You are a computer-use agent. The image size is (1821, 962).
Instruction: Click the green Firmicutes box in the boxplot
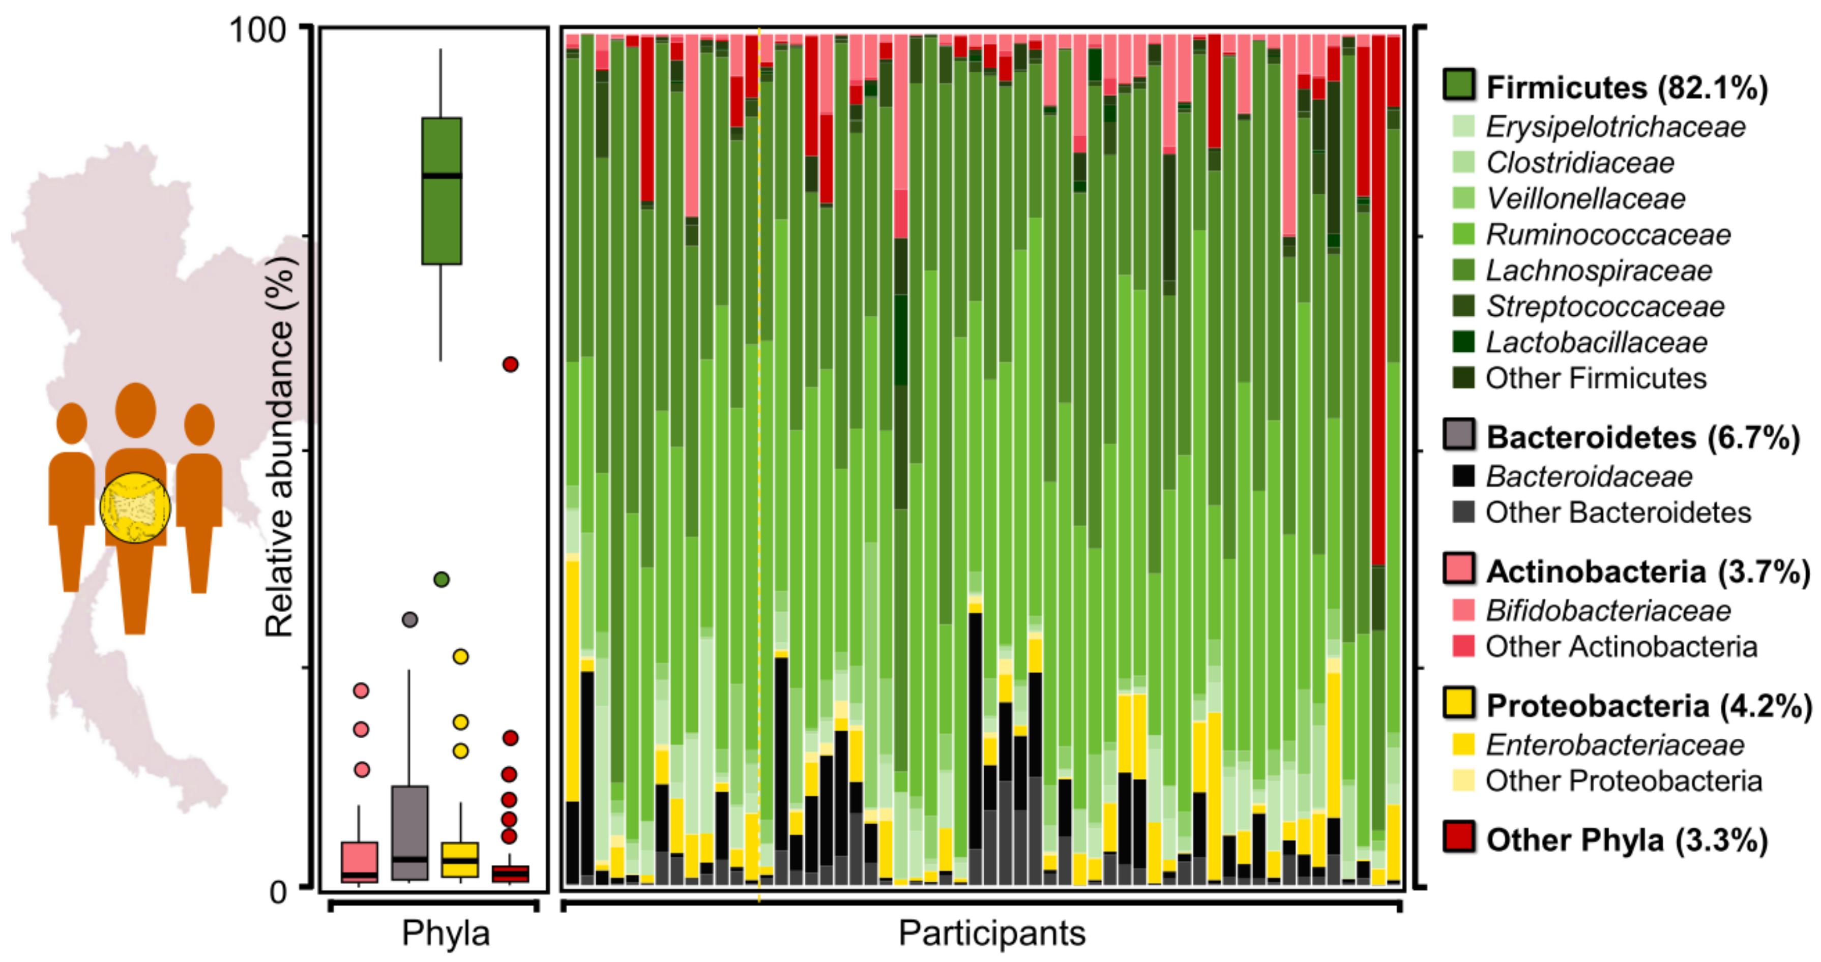[x=441, y=191]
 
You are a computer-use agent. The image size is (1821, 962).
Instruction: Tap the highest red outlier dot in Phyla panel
[x=510, y=364]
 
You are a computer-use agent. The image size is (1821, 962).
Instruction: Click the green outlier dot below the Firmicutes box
[x=441, y=580]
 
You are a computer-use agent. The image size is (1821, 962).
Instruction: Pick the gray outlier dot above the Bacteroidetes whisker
[x=409, y=620]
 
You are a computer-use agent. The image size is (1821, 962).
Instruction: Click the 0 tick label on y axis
[x=278, y=892]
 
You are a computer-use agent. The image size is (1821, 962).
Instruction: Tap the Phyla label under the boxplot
[x=446, y=933]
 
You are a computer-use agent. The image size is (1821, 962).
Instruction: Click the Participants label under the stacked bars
[x=992, y=933]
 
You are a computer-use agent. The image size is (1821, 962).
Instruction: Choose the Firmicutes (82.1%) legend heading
[x=1626, y=87]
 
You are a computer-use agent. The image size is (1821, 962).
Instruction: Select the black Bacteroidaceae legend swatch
[x=1463, y=476]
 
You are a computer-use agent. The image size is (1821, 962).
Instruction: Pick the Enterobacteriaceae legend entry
[x=1614, y=745]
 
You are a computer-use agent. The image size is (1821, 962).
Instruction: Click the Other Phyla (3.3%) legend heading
[x=1626, y=840]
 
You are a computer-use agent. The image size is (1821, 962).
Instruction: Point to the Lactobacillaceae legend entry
[x=1596, y=342]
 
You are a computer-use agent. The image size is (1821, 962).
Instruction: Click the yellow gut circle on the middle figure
[x=135, y=507]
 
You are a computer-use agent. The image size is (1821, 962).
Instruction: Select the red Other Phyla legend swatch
[x=1459, y=836]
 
